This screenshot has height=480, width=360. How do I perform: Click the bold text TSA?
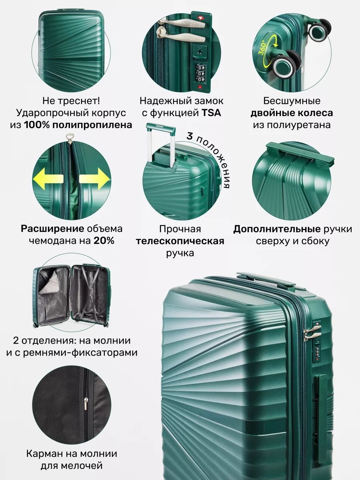211,113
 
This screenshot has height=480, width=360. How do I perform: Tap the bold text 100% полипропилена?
78,125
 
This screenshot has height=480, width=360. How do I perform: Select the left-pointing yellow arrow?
48,178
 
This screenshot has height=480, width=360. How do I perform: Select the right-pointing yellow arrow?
94,178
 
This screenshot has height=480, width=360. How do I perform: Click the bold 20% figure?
104,241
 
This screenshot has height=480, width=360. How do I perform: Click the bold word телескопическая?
180,241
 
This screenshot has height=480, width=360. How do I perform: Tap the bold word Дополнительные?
277,229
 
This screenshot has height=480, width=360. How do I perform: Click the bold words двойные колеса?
292,113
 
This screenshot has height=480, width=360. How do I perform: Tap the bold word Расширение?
52,229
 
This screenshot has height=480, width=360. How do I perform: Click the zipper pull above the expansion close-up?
70,138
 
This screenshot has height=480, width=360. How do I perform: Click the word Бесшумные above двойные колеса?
292,101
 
